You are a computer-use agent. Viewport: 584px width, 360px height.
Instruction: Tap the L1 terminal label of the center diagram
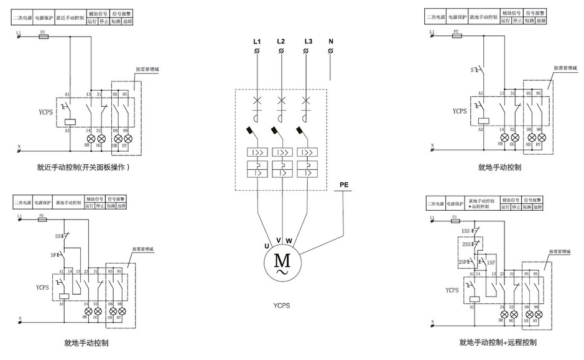click(257, 42)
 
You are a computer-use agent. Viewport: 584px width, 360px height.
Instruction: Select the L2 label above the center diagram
click(281, 42)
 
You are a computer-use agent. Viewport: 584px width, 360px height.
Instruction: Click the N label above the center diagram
click(331, 42)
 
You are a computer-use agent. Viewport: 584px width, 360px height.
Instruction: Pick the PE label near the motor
click(345, 185)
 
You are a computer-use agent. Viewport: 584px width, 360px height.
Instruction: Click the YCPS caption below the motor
click(282, 305)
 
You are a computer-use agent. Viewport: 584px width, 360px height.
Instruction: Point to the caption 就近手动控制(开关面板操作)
click(83, 167)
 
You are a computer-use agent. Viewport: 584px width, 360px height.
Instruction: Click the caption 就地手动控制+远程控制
click(498, 342)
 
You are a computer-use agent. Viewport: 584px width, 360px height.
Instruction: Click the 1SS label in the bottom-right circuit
click(465, 231)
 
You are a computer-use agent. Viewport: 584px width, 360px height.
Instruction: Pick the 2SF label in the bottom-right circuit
click(463, 262)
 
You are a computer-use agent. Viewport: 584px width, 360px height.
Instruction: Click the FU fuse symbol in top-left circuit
click(44, 37)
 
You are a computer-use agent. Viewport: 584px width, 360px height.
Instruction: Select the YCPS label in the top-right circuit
click(459, 112)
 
